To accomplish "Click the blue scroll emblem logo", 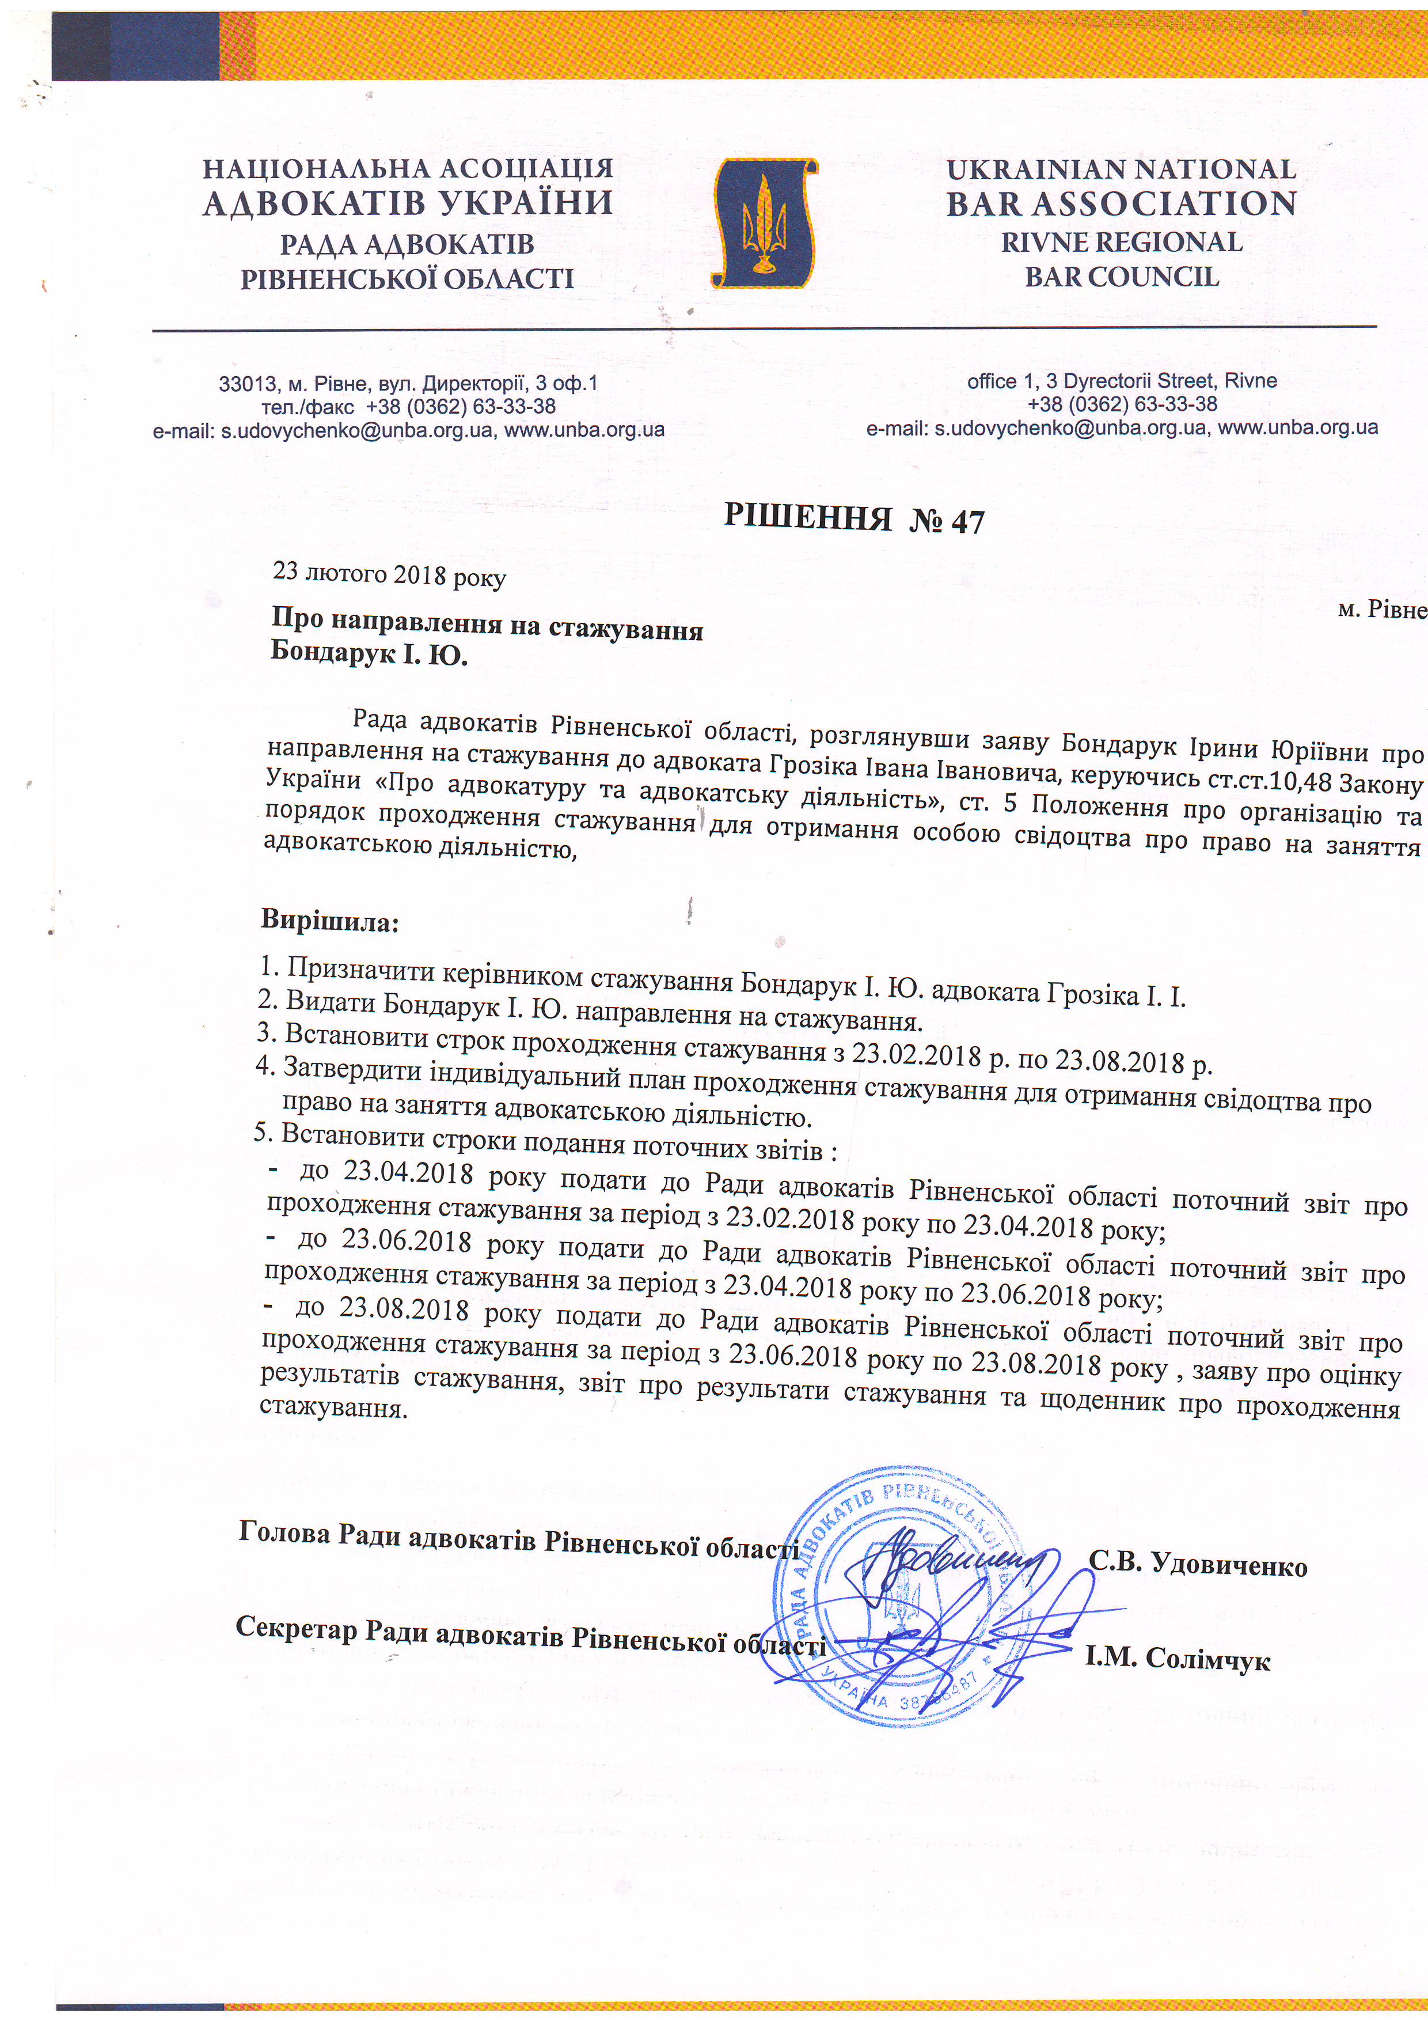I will point(764,223).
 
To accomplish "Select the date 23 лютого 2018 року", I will point(389,574).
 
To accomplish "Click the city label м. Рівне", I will point(1381,609).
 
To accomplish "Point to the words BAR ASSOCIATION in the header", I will point(1121,204).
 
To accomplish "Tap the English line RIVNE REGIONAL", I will point(1121,242).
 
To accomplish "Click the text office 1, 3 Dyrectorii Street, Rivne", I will point(1122,381).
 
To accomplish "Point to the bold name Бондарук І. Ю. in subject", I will point(369,654).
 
